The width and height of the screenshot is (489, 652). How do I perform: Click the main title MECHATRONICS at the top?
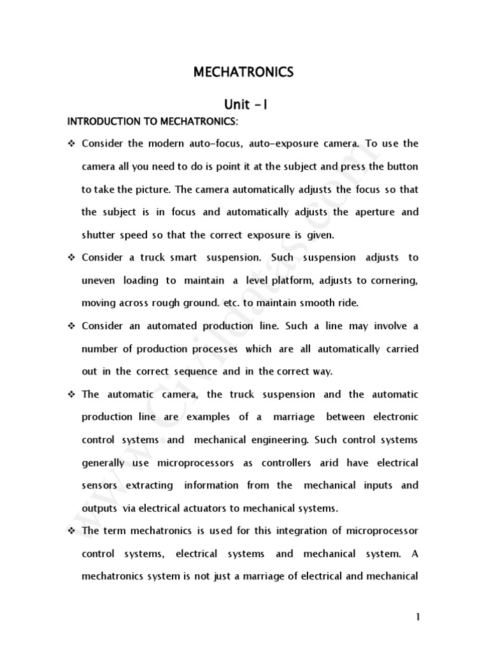[x=244, y=73]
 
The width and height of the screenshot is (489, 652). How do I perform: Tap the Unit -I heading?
[x=244, y=104]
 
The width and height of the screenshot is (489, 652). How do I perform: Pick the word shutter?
[x=97, y=235]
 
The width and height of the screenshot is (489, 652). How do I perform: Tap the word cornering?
[x=392, y=280]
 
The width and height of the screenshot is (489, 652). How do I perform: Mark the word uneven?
[x=99, y=280]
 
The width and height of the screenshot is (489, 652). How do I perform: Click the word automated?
[x=157, y=326]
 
